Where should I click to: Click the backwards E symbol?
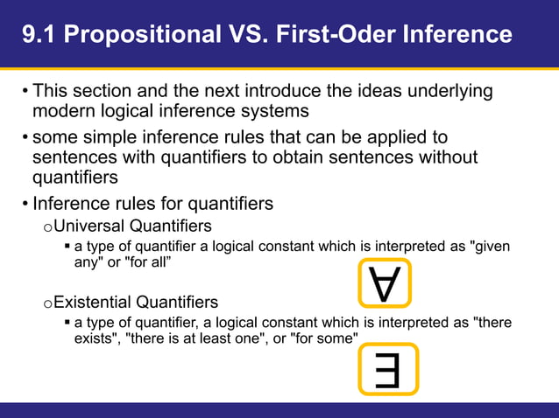[388, 369]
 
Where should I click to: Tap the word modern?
[63, 111]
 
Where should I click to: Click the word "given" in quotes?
[491, 247]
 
